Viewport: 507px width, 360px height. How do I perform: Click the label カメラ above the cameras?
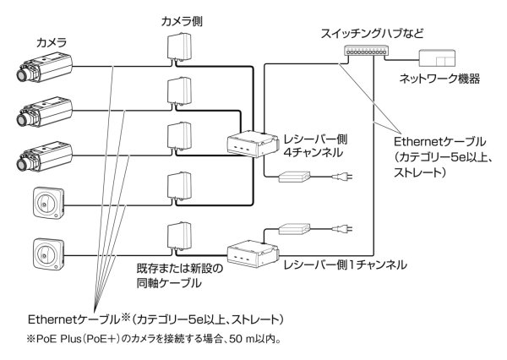coord(52,41)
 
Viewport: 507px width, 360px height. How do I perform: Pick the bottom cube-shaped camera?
coord(46,251)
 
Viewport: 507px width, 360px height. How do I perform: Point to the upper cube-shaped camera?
coord(46,201)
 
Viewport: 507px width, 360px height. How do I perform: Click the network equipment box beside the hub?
coord(439,58)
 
